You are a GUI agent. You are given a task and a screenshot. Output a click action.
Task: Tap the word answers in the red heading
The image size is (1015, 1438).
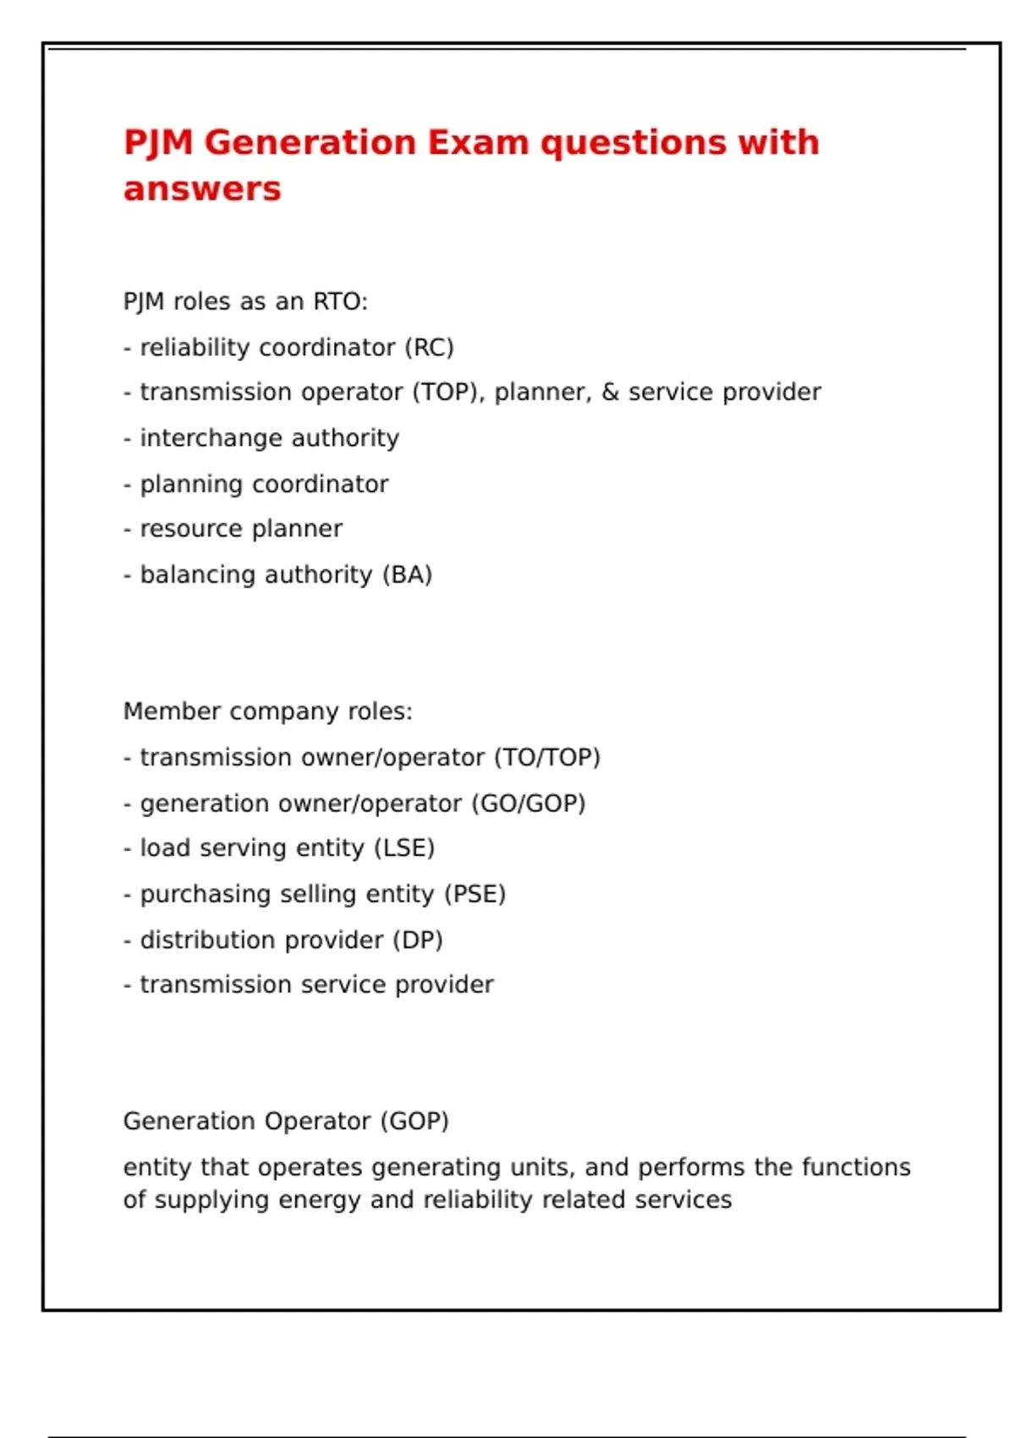click(202, 189)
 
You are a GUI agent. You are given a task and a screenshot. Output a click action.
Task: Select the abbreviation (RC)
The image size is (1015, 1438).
click(429, 348)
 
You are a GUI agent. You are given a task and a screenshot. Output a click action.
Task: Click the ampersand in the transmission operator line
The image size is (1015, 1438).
click(610, 392)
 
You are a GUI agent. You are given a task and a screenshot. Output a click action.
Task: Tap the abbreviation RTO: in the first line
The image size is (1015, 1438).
click(340, 302)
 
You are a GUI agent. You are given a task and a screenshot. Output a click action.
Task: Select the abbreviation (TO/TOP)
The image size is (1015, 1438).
click(547, 758)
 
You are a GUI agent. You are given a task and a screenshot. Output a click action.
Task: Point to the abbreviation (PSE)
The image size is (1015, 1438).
click(475, 894)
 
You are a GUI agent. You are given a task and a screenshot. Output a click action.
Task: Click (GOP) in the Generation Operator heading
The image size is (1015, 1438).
click(414, 1122)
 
